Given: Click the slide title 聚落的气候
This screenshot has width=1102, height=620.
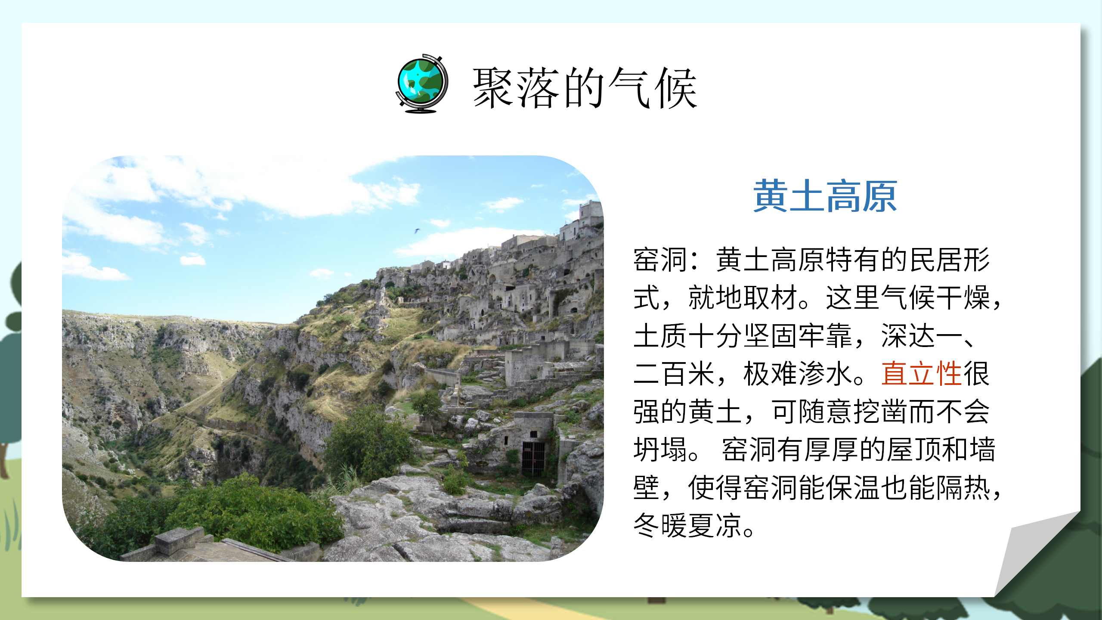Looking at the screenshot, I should [x=585, y=88].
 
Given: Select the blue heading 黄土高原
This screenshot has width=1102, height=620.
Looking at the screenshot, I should [x=825, y=197].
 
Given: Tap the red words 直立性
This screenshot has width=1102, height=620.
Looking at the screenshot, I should [x=921, y=373].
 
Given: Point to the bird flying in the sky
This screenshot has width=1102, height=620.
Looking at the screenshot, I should [x=416, y=231].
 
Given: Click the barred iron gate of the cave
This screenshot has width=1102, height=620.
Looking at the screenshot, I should [x=533, y=459].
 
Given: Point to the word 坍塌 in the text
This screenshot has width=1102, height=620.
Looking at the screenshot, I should [x=660, y=450].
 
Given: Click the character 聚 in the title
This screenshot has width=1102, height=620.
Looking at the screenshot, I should [x=494, y=88].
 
